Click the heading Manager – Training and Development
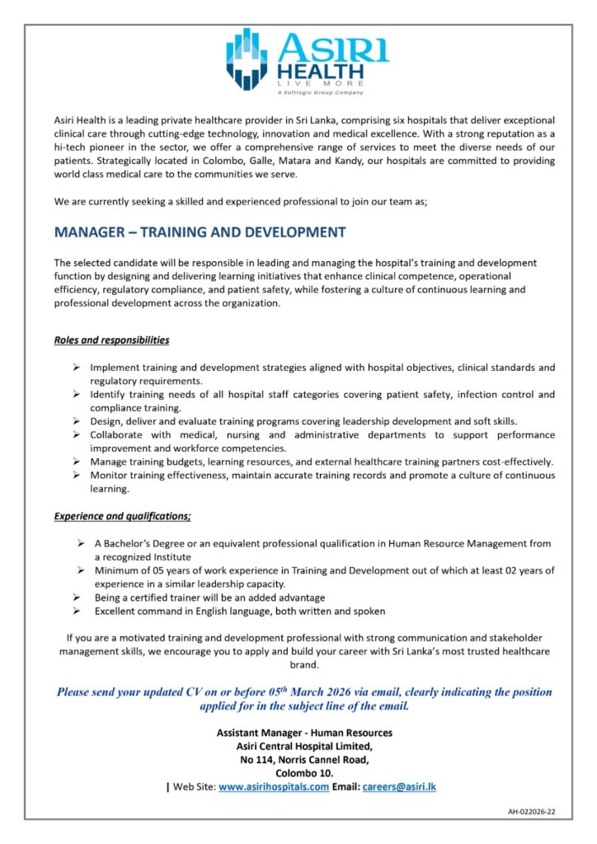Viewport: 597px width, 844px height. tap(200, 232)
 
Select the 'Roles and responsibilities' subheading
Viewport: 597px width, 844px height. tap(111, 340)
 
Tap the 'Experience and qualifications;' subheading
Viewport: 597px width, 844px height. tap(122, 516)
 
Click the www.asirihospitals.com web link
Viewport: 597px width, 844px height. tap(274, 787)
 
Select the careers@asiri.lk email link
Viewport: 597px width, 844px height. tap(399, 787)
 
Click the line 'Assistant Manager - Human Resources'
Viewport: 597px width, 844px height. tap(304, 732)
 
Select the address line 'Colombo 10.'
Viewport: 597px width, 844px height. tap(304, 773)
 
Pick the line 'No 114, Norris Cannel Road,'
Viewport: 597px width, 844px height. tap(304, 760)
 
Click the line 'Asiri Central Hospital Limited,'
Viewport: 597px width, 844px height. tap(304, 746)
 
